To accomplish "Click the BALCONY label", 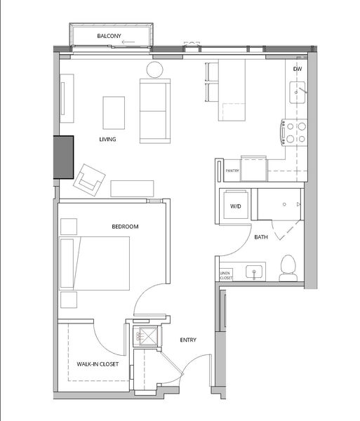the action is (109, 36).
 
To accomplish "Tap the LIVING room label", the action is (107, 139).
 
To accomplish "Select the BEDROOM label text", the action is (125, 227).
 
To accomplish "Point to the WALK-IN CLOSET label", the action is (98, 364).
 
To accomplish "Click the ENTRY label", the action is (188, 340).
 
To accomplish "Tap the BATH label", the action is (261, 237).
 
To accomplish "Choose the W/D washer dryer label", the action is (235, 206).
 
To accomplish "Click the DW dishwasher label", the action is (298, 69).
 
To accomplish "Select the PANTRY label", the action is (232, 171).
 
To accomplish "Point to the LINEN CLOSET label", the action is (226, 276).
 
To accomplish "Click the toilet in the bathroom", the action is (288, 268).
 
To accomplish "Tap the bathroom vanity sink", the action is (254, 272).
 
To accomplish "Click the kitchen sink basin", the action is (297, 93).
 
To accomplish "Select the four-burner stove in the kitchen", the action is (294, 133).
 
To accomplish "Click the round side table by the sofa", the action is (154, 69).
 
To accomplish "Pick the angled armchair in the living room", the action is (89, 180).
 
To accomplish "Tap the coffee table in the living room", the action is (114, 113).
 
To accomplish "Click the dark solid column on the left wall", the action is (63, 157).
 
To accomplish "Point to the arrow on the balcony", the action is (128, 42).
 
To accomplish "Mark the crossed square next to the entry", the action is (147, 336).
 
